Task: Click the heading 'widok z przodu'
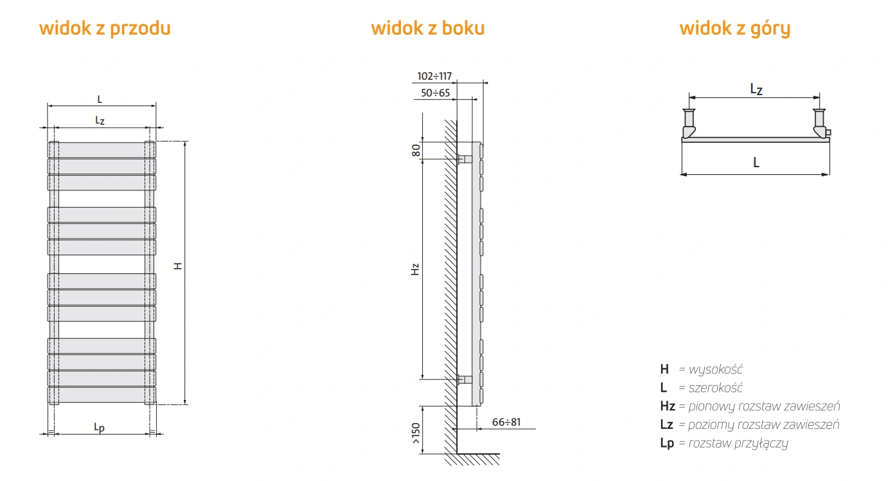(x=105, y=28)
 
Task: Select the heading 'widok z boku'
(x=427, y=28)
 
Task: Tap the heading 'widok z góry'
(x=735, y=29)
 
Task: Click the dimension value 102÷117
(x=434, y=76)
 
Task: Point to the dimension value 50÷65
(x=435, y=93)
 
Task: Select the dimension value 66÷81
(x=506, y=422)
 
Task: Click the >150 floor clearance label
(x=416, y=433)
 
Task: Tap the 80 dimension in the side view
(x=416, y=150)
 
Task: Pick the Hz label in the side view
(x=416, y=269)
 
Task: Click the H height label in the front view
(x=178, y=266)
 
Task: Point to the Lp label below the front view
(x=99, y=428)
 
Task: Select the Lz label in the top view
(x=756, y=89)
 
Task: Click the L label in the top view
(x=756, y=162)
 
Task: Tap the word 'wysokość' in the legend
(x=716, y=370)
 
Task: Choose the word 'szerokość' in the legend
(x=716, y=388)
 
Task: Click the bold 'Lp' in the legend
(x=667, y=443)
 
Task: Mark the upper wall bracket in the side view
(x=465, y=159)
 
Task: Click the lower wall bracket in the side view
(x=465, y=379)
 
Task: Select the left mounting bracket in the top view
(x=689, y=123)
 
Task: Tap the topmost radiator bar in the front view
(x=102, y=150)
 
